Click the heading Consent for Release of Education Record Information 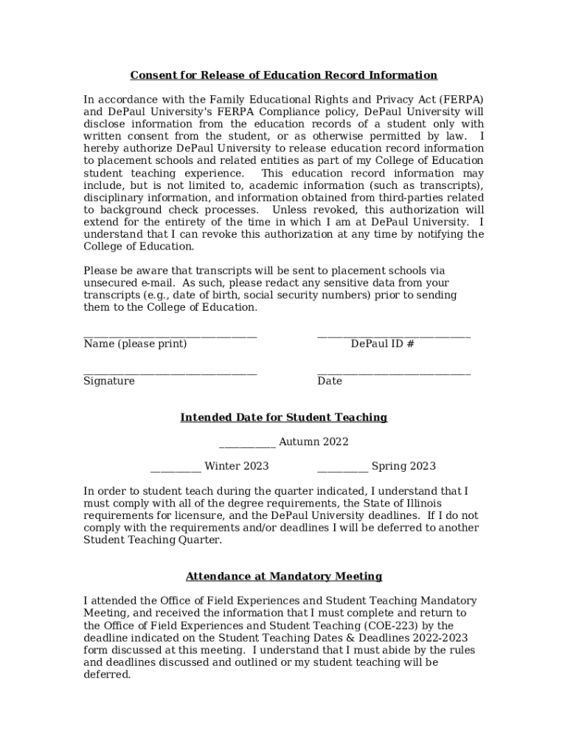pyautogui.click(x=283, y=75)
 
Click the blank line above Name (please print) pyautogui.click(x=170, y=336)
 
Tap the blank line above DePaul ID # pyautogui.click(x=393, y=336)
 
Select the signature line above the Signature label pyautogui.click(x=170, y=373)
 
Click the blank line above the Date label pyautogui.click(x=393, y=373)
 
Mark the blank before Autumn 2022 pyautogui.click(x=247, y=446)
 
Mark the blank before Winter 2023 pyautogui.click(x=176, y=470)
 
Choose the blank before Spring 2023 pyautogui.click(x=342, y=470)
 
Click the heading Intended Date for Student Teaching pyautogui.click(x=283, y=418)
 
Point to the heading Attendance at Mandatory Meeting pyautogui.click(x=283, y=577)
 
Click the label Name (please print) pyautogui.click(x=135, y=344)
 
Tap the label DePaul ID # pyautogui.click(x=382, y=344)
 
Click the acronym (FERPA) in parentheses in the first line pyautogui.click(x=461, y=100)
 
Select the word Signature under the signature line pyautogui.click(x=109, y=381)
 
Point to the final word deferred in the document pyautogui.click(x=107, y=675)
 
